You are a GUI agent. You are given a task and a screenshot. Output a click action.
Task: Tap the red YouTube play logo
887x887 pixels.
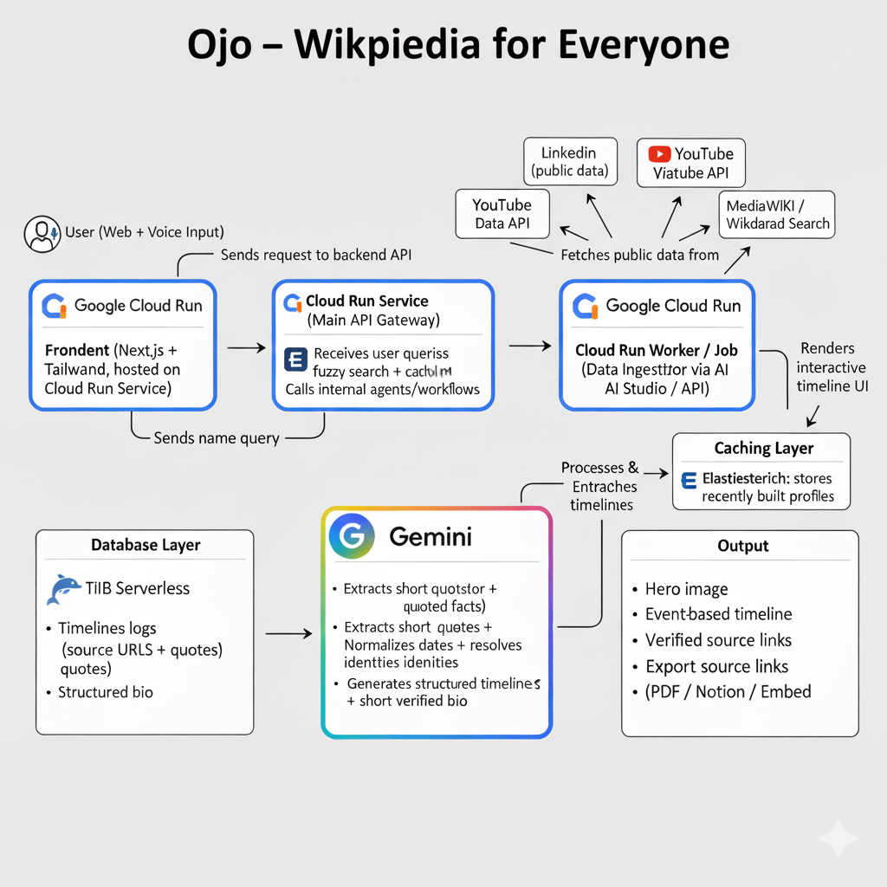tap(659, 154)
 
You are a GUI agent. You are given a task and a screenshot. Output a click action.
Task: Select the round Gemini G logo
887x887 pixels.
tap(352, 536)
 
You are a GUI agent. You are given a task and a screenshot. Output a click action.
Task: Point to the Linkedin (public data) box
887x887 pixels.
tap(570, 161)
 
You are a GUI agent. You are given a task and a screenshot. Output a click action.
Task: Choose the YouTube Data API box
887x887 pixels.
tap(502, 215)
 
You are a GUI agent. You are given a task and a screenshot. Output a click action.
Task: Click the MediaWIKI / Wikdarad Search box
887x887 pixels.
tap(777, 215)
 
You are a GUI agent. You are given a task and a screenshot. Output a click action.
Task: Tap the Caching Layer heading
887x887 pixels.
tap(763, 448)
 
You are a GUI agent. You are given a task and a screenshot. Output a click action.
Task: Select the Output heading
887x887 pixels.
tap(742, 546)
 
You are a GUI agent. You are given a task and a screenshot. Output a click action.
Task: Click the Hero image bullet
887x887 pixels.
tap(686, 589)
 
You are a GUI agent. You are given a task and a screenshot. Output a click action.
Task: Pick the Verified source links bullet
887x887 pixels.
tap(718, 640)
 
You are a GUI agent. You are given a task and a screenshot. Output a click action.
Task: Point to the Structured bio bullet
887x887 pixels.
tap(105, 692)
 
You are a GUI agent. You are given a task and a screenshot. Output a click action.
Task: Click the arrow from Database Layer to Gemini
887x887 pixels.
tap(288, 634)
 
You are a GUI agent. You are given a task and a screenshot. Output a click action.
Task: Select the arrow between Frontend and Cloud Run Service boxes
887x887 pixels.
tap(246, 347)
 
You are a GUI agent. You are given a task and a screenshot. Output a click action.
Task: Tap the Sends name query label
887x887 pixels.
tap(216, 437)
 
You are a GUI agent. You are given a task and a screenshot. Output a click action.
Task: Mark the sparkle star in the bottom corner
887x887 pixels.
tap(838, 839)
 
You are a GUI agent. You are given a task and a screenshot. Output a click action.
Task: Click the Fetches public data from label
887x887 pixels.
tap(640, 255)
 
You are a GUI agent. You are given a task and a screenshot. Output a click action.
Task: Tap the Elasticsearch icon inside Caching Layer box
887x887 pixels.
tap(690, 479)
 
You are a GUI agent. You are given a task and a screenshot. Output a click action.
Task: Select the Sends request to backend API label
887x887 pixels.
tap(316, 255)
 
